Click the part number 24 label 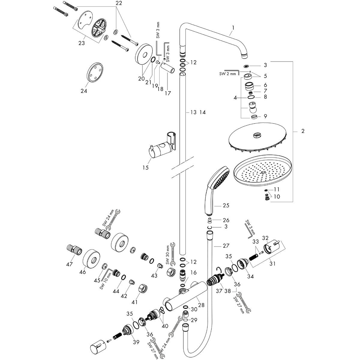pyautogui.click(x=84, y=91)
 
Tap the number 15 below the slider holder pyautogui.click(x=145, y=168)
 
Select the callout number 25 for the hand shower pyautogui.click(x=226, y=205)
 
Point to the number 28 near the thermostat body pyautogui.click(x=201, y=305)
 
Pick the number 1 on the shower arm pyautogui.click(x=233, y=28)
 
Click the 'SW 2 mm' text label pyautogui.click(x=227, y=73)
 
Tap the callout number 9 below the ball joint pyautogui.click(x=265, y=116)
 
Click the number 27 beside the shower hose pyautogui.click(x=226, y=246)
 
